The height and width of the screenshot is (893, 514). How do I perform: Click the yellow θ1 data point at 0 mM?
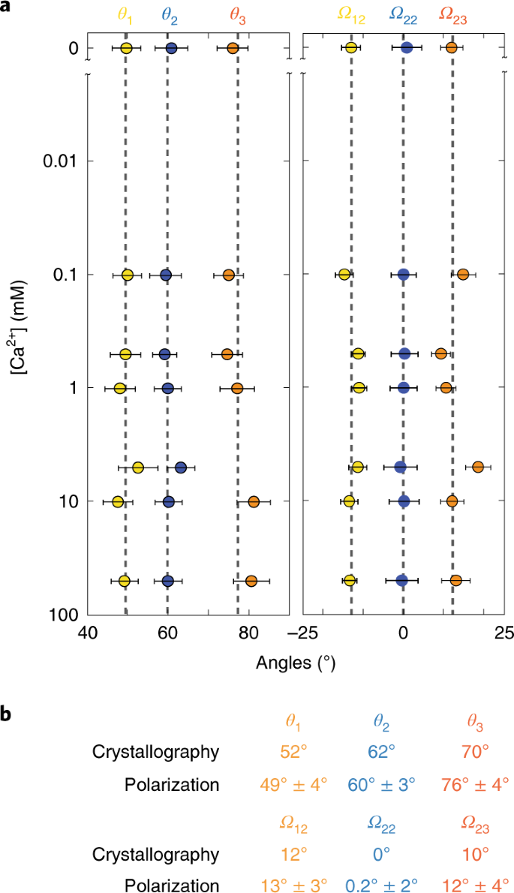[126, 48]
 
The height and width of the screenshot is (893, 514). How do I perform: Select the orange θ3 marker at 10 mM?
[254, 501]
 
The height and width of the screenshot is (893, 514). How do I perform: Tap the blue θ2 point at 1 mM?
[167, 388]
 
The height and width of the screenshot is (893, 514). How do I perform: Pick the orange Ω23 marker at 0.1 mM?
[463, 275]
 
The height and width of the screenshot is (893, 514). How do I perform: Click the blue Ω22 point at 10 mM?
[404, 501]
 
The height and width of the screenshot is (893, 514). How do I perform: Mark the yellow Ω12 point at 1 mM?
[359, 388]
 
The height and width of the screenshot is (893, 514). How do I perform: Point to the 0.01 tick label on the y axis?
[57, 161]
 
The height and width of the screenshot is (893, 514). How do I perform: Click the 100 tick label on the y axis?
[64, 615]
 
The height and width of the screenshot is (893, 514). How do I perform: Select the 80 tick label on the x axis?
[248, 635]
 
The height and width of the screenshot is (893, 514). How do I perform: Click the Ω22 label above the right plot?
[405, 17]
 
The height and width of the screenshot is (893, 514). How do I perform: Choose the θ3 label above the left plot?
[236, 17]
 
